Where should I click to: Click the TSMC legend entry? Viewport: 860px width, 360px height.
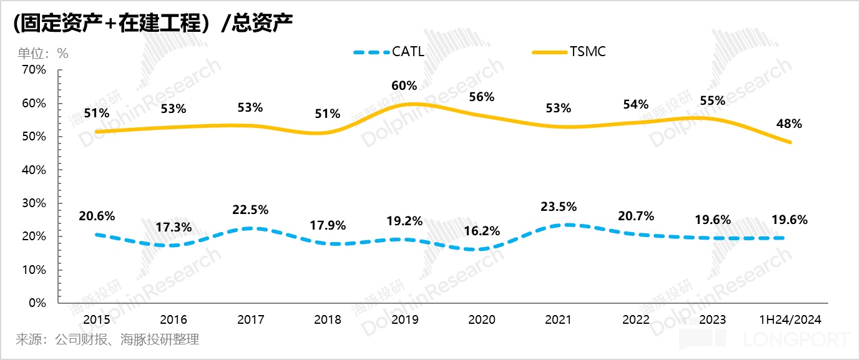tap(587, 52)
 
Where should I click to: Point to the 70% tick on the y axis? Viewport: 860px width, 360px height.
tap(34, 70)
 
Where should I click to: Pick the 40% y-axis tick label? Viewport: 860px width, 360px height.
tap(34, 170)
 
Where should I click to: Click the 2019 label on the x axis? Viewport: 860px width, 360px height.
tap(404, 320)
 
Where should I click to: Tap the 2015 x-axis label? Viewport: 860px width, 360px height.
tap(97, 320)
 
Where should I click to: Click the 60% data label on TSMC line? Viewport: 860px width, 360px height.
tap(404, 84)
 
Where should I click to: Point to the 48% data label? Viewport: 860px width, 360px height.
tap(789, 124)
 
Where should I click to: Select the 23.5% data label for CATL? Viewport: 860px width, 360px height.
tap(559, 207)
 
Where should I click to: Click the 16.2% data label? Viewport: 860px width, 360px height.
tap(482, 231)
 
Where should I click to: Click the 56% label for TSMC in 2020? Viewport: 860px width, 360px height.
tap(482, 97)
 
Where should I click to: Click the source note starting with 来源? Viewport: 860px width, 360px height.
tap(107, 340)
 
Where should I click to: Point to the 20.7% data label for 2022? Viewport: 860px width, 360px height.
tap(636, 216)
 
